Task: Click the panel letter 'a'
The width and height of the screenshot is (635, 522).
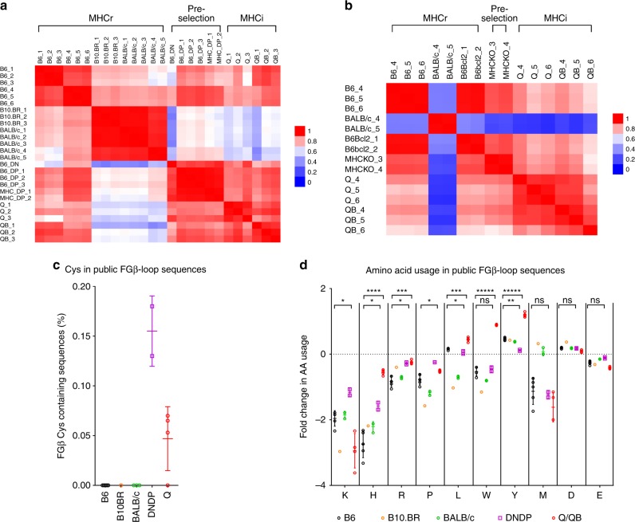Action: point(5,6)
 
